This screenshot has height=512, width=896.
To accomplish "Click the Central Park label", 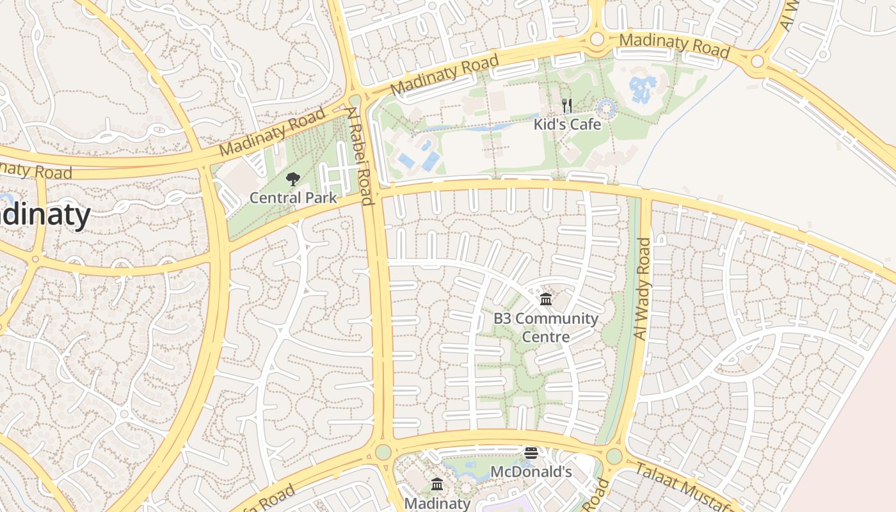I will coord(292,198).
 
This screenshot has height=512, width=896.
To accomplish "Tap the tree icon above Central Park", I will coord(293,179).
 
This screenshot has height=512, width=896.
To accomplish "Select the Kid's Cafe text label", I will coord(567,124).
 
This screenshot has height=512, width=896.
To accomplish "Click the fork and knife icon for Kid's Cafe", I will coord(567,106).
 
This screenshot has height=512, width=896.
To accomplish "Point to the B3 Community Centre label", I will coord(545,327).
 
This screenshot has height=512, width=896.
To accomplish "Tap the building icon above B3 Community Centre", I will coord(546,299).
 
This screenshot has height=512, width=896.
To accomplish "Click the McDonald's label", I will coord(531,472).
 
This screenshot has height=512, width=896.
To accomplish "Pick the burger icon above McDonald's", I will coord(531,453).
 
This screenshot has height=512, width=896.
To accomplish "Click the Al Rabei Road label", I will coord(360,157).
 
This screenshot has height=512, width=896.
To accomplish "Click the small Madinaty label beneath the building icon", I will coord(437,503).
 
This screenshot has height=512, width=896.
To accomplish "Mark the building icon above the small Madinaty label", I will coord(437,484).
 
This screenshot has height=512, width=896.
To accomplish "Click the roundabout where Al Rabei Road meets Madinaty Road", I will coord(355,100).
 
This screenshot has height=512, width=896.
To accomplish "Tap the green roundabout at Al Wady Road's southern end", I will coord(614,456).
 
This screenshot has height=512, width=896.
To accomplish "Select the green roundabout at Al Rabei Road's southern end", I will coord(383,452).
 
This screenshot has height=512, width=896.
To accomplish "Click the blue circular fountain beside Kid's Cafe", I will coord(605,108).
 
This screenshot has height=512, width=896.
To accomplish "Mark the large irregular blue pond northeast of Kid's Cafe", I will coord(643,89).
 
